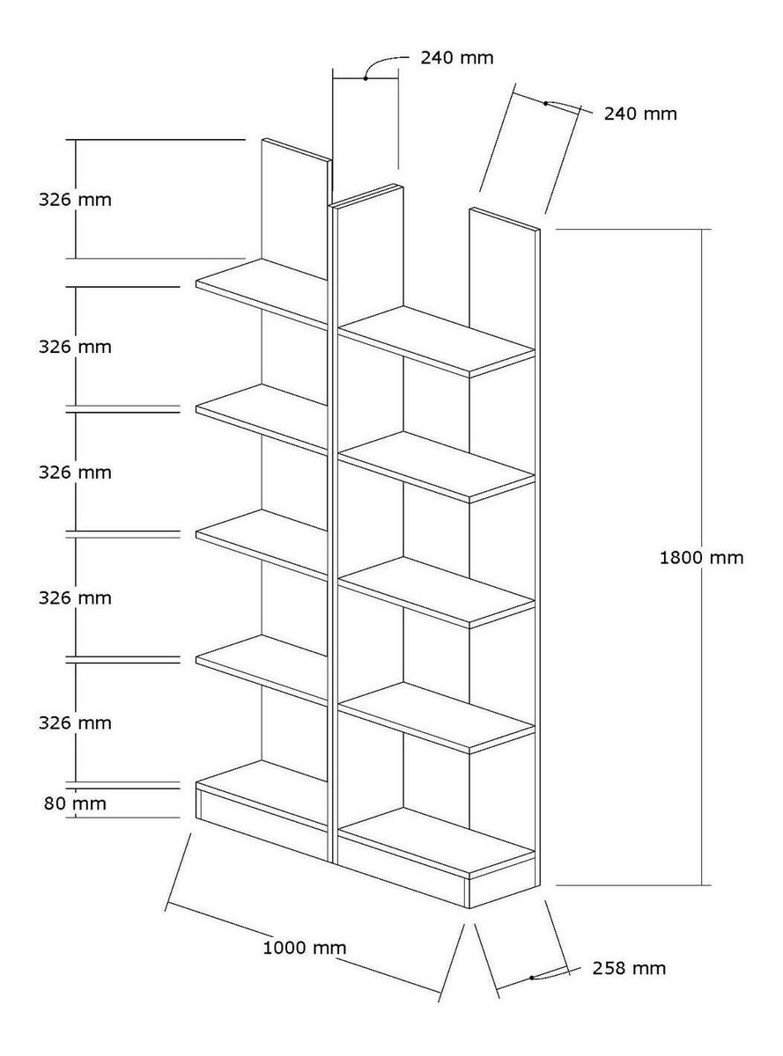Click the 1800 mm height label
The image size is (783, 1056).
pos(701,557)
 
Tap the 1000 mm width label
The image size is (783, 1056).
pos(305,948)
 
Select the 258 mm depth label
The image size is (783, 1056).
pos(629,968)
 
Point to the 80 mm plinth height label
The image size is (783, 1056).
pos(74,803)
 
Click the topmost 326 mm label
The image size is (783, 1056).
pos(74,199)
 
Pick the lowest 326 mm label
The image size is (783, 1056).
pos(74,722)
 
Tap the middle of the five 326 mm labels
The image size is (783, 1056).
pos(74,472)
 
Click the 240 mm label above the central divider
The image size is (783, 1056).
pos(456,58)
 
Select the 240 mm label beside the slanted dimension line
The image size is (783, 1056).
pos(640,114)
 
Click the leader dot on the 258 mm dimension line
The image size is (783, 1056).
pos(533,978)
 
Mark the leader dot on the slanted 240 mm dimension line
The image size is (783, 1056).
pos(546,104)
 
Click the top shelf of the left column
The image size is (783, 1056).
pos(262,290)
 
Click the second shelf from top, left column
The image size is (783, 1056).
pos(262,416)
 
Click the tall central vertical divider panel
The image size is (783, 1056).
pos(334,528)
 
